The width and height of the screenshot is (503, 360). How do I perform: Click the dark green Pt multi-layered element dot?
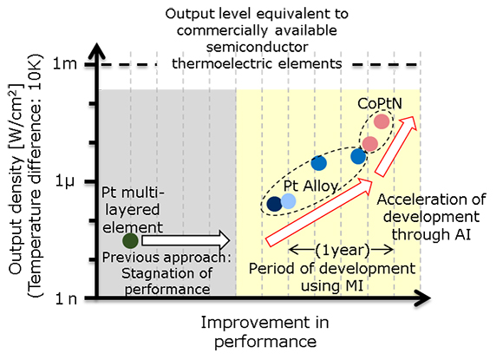(130, 241)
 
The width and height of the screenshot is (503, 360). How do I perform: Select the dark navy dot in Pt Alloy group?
(275, 204)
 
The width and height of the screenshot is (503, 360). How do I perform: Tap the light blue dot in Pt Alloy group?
(288, 201)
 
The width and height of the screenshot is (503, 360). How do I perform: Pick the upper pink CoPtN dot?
(382, 121)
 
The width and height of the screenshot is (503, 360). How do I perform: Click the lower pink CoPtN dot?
(369, 143)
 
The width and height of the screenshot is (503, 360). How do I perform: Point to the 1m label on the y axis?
(65, 64)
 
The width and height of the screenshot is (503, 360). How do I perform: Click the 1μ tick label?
(64, 182)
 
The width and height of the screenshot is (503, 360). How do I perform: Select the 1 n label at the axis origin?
(66, 299)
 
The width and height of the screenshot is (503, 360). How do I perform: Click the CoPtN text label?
(376, 103)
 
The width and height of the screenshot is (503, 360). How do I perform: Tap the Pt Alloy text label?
(310, 186)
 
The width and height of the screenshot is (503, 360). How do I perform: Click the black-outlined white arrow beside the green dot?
(186, 241)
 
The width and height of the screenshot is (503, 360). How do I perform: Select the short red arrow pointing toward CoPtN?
(395, 147)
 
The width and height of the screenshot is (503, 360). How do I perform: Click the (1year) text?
(343, 250)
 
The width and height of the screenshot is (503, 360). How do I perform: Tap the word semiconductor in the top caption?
(257, 47)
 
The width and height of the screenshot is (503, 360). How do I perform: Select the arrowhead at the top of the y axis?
(96, 51)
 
